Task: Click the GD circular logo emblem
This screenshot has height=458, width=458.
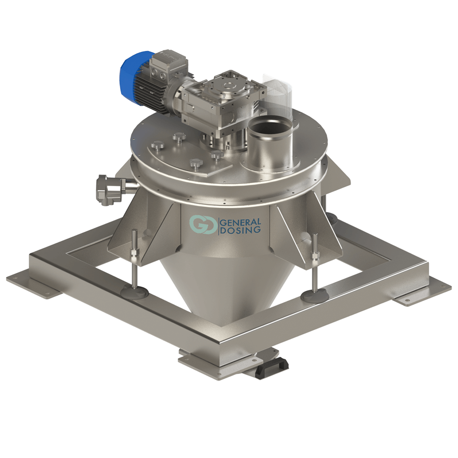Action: (203, 224)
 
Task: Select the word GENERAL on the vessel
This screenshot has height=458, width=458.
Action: (241, 222)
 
